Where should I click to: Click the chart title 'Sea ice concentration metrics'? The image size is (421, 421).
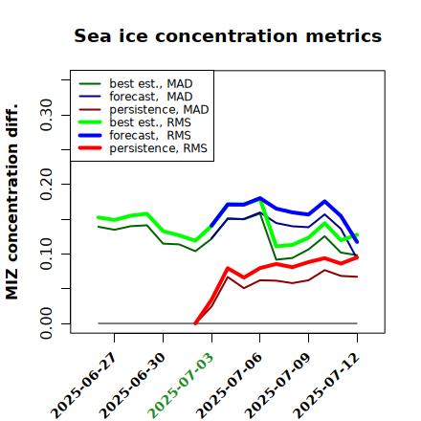(228, 36)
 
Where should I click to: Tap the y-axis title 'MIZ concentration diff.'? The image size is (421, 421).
(11, 202)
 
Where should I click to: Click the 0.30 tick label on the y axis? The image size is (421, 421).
(46, 115)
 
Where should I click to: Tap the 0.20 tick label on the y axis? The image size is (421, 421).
(46, 185)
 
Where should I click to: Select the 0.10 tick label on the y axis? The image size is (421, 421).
(46, 254)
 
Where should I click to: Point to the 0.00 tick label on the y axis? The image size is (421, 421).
(46, 323)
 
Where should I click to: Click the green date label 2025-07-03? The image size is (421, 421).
(181, 386)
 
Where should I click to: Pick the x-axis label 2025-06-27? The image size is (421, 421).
(83, 386)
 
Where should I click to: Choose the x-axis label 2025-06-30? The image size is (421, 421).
(132, 386)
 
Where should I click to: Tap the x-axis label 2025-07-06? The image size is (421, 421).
(229, 386)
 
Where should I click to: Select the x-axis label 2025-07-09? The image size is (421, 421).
(277, 386)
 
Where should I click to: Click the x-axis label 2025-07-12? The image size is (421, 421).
(326, 386)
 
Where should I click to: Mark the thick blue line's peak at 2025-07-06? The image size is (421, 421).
(260, 198)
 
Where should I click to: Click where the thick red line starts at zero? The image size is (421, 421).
(195, 323)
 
